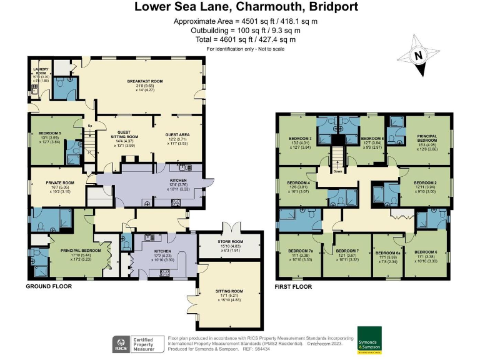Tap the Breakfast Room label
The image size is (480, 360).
point(145,81)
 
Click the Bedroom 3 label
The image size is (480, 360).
point(301,138)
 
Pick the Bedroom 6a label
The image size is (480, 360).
point(387,254)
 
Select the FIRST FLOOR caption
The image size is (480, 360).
point(294,286)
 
